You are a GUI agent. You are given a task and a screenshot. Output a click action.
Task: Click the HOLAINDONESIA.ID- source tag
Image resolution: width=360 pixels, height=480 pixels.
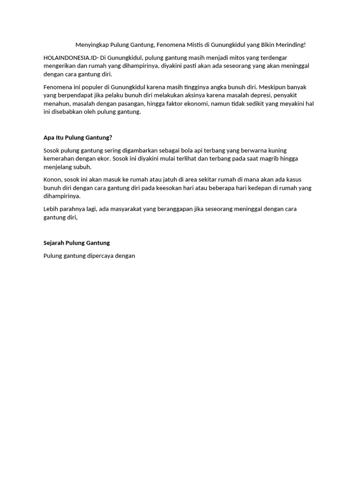[70, 57]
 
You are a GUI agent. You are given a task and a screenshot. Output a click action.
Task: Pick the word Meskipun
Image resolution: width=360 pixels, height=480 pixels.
[273, 87]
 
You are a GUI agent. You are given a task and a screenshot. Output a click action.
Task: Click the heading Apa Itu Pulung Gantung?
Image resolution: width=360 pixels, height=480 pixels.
[78, 137]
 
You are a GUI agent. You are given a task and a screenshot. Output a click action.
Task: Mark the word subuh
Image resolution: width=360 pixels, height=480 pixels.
[82, 167]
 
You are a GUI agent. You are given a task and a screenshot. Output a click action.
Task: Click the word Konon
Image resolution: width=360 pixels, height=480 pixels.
[52, 180]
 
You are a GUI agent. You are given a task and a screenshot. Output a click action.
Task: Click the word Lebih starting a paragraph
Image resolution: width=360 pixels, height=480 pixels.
[51, 209]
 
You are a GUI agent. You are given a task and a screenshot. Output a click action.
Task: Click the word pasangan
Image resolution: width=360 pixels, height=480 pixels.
[131, 104]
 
